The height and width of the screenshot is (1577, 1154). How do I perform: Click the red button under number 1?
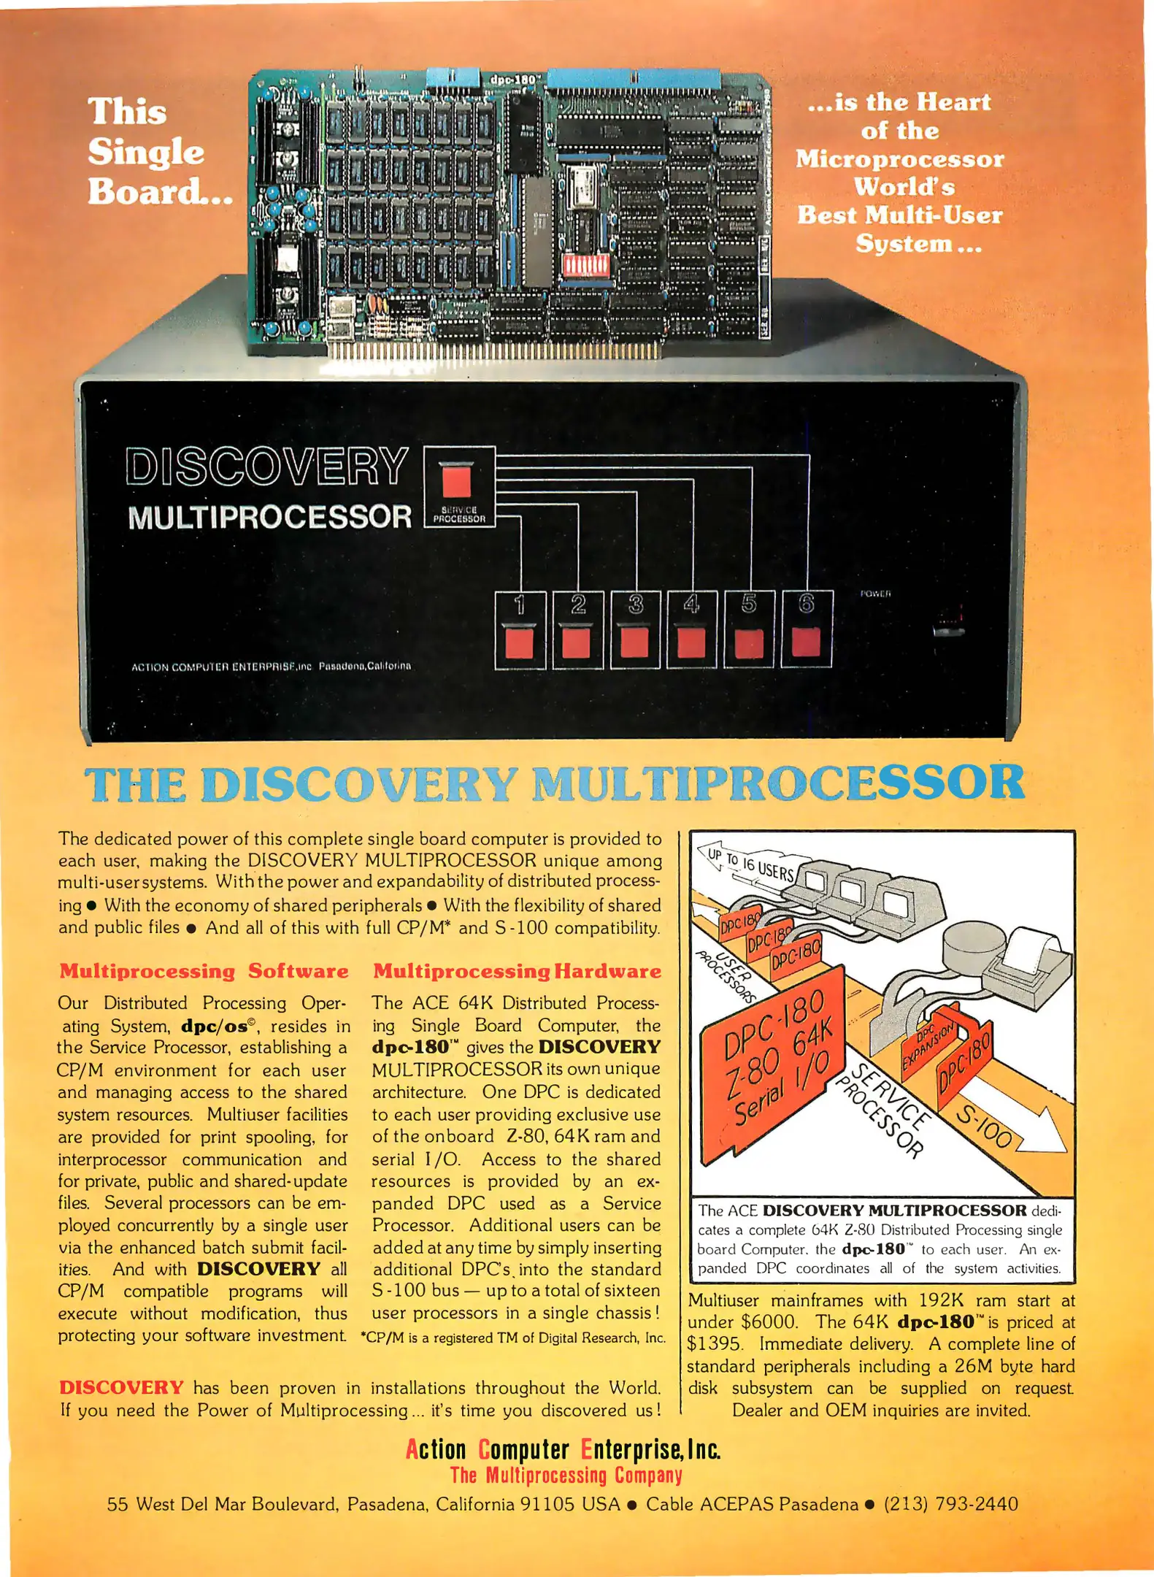pyautogui.click(x=519, y=642)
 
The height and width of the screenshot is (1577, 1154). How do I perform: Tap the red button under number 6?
pyautogui.click(x=806, y=641)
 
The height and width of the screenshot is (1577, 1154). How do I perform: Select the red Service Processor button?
pyautogui.click(x=458, y=481)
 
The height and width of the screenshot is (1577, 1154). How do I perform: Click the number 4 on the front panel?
pyautogui.click(x=691, y=604)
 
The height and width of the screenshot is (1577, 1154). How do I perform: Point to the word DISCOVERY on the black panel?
pyautogui.click(x=266, y=467)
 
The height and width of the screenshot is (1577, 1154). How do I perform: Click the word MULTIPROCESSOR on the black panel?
pyautogui.click(x=269, y=517)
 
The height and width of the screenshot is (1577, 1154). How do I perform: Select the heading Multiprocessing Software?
pyautogui.click(x=204, y=971)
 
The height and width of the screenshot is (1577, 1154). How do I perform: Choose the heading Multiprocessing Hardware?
pyautogui.click(x=517, y=971)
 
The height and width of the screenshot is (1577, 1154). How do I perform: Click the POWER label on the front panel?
pyautogui.click(x=875, y=594)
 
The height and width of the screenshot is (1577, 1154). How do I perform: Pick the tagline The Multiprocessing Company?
pyautogui.click(x=566, y=1476)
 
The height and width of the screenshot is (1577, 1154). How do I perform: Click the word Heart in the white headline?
pyautogui.click(x=953, y=102)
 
